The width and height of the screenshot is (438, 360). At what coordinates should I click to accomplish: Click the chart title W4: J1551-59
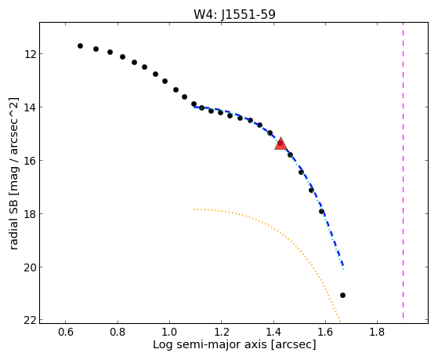click(234, 14)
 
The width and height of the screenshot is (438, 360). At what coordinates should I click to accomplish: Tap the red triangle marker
click(281, 144)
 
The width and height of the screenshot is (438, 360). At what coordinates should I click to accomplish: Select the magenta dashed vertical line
click(403, 170)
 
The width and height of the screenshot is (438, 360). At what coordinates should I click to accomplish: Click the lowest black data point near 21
click(342, 295)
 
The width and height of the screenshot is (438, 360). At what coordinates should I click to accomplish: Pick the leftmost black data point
click(80, 45)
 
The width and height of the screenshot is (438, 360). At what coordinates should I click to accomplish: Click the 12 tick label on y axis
click(29, 53)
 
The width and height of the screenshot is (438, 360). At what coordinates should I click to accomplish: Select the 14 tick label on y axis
click(29, 107)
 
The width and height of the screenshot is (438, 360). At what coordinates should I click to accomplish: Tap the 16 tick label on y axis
click(29, 160)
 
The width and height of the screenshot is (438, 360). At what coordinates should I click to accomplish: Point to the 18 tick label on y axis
click(29, 213)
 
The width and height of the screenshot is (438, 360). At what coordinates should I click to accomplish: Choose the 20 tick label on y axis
click(29, 267)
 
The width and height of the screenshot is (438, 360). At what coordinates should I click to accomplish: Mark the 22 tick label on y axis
click(29, 320)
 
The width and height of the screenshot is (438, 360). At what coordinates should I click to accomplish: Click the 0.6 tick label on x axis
click(65, 332)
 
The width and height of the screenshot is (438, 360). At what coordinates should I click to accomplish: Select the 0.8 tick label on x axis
click(118, 332)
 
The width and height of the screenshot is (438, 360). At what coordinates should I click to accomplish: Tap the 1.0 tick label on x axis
click(169, 332)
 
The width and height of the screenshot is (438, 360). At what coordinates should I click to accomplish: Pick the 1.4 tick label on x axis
click(273, 332)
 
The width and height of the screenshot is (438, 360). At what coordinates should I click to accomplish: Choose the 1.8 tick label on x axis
click(378, 332)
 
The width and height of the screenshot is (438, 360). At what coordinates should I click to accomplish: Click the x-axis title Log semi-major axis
click(210, 344)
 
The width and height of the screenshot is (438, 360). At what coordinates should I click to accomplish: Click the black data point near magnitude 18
click(321, 211)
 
